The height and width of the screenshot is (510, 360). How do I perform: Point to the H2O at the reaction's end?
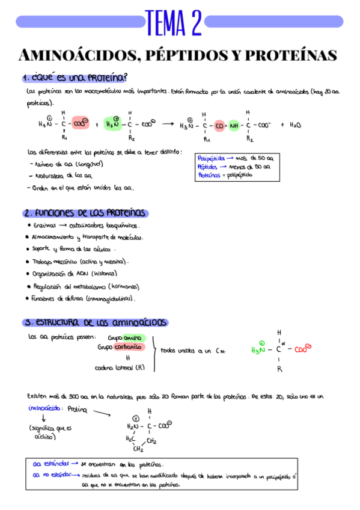point(295,126)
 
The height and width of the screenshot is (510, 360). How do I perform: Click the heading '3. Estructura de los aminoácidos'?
point(95,322)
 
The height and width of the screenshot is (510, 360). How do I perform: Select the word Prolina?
point(78,409)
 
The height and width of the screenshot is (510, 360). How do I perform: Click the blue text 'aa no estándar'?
point(50,475)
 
